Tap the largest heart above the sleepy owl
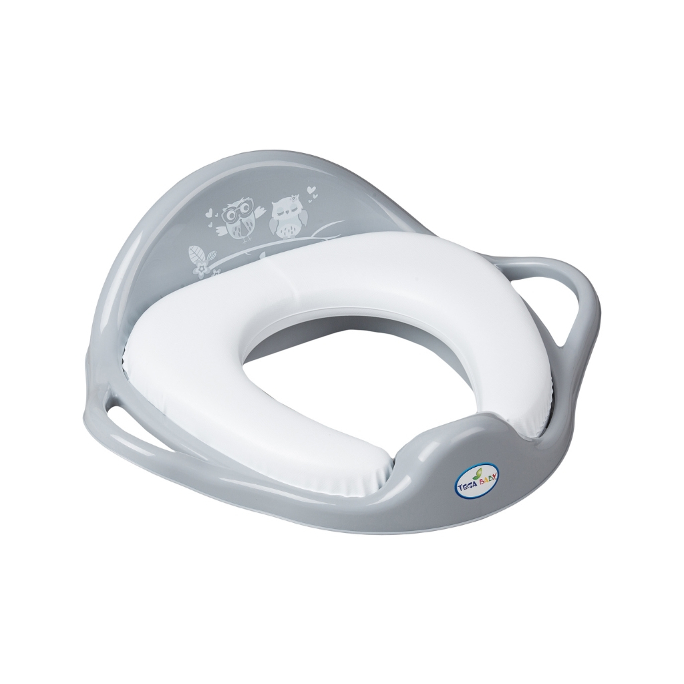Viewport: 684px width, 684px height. (311, 190)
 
